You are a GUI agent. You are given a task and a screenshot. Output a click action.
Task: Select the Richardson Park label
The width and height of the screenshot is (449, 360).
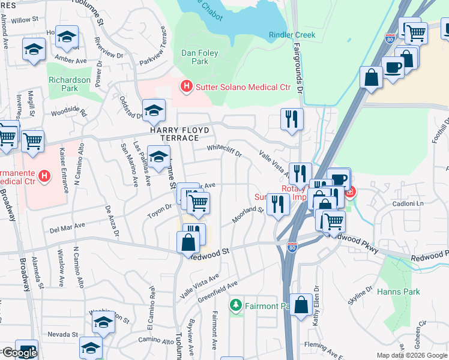(69, 84)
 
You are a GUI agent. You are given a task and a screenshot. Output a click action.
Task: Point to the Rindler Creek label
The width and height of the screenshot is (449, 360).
(292, 35)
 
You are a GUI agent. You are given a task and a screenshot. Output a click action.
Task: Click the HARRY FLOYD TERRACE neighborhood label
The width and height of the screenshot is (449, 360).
(180, 134)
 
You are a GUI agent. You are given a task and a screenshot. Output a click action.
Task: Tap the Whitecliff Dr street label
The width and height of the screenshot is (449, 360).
(224, 150)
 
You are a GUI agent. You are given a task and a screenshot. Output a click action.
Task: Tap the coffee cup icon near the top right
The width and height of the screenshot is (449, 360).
(393, 67)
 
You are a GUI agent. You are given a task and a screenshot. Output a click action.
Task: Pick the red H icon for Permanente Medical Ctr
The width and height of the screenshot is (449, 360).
(43, 176)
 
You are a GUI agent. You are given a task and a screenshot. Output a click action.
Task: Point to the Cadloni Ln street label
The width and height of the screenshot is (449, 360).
(408, 203)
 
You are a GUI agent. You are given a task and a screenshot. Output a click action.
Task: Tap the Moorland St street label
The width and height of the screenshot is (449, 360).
(249, 213)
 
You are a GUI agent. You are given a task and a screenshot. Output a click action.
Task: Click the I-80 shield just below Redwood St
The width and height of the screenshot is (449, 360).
(292, 247)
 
